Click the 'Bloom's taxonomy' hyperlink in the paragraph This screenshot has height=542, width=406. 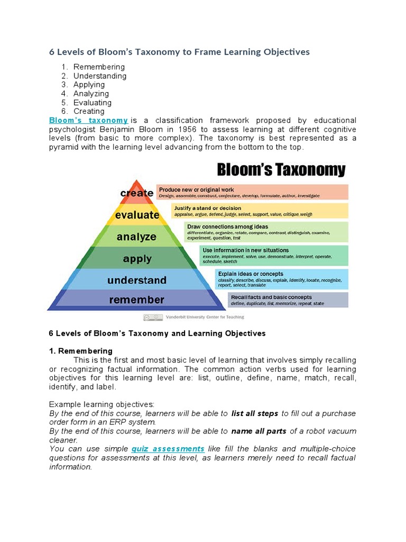(88, 120)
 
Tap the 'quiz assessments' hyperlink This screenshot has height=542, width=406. (168, 449)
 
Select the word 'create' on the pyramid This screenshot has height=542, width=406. (137, 193)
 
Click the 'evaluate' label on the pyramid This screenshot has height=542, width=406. (137, 215)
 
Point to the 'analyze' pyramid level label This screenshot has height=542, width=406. (136, 237)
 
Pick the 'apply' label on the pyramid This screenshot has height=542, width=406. (137, 259)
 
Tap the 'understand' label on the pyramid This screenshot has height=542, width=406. (137, 280)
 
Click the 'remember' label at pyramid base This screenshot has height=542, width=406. (137, 300)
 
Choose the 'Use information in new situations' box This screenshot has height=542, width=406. (274, 255)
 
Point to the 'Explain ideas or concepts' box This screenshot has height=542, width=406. (282, 279)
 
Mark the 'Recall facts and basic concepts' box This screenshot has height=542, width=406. (288, 300)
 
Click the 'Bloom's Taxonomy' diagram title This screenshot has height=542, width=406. (282, 170)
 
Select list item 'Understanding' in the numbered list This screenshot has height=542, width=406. (100, 76)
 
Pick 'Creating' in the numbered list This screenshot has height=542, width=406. (89, 111)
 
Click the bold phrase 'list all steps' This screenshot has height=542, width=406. (255, 413)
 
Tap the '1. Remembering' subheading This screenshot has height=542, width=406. (80, 351)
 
